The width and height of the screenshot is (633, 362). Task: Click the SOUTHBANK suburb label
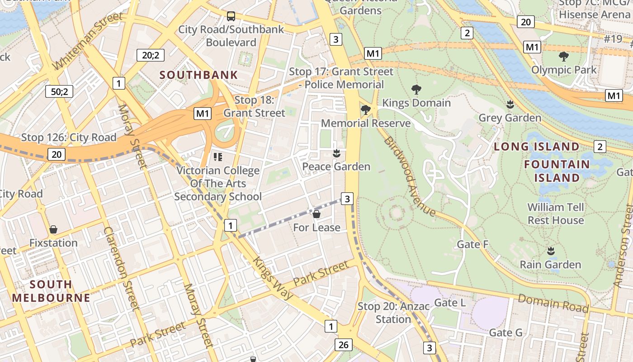click(x=198, y=75)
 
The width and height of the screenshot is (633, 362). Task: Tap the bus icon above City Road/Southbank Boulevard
click(x=231, y=17)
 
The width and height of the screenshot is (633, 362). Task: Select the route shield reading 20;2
click(x=151, y=55)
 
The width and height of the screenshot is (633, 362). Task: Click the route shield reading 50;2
click(x=59, y=92)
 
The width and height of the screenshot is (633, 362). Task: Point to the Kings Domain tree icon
click(x=416, y=90)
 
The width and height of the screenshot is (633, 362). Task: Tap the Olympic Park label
click(x=564, y=70)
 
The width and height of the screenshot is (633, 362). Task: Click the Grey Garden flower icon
click(x=510, y=105)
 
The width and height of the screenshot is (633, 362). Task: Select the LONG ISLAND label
click(x=536, y=147)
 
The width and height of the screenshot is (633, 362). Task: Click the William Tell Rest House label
click(x=556, y=214)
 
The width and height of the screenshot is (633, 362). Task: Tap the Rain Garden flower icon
click(x=550, y=251)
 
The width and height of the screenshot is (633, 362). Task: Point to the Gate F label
click(x=472, y=244)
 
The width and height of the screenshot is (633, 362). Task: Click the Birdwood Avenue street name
click(x=409, y=176)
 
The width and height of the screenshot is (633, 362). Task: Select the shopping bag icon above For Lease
click(x=316, y=214)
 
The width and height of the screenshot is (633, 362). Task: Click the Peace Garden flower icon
click(x=336, y=154)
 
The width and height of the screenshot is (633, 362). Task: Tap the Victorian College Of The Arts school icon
click(x=218, y=157)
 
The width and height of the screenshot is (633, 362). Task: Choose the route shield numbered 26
click(x=343, y=345)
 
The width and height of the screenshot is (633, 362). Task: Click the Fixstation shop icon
click(x=53, y=230)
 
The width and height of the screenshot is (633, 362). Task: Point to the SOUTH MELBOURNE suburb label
click(x=51, y=291)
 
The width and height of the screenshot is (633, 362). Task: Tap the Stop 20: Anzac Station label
click(x=393, y=313)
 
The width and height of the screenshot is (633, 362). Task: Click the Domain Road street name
click(x=553, y=303)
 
